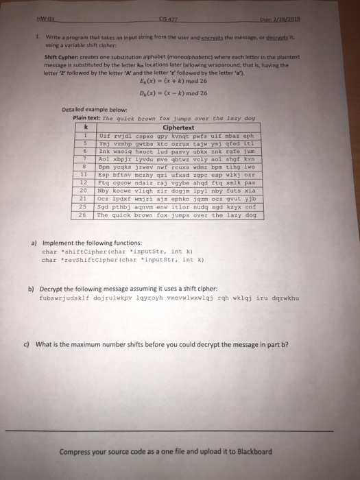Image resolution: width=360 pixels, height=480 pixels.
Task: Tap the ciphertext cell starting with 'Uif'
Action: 177,135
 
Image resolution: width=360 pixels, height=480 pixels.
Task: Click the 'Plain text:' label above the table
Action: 86,117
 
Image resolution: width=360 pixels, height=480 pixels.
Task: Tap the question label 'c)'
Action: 32,344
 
